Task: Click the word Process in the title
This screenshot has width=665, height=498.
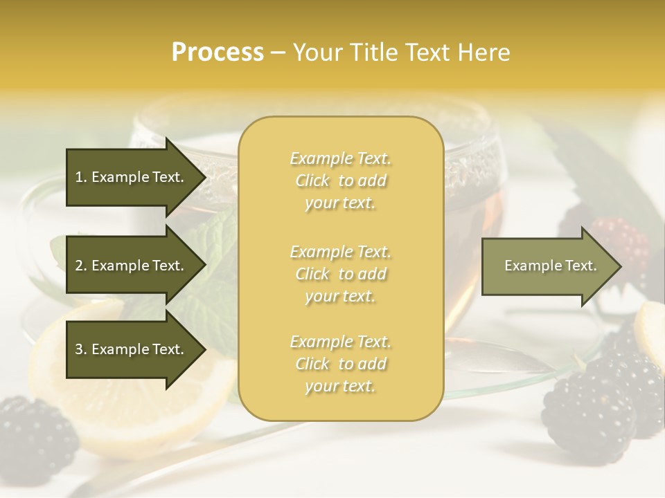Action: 218,53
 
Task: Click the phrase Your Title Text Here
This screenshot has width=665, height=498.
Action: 402,53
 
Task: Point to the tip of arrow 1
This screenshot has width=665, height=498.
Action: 204,177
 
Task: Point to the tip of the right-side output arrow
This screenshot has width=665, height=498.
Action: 620,266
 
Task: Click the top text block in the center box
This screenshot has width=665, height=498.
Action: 340,181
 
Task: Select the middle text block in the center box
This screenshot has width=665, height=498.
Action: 340,274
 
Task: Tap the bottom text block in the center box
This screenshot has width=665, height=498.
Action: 340,364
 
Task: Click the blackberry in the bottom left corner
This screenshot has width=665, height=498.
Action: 35,436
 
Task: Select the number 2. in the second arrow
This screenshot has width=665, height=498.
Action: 81,266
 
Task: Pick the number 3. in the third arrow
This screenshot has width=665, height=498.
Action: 81,349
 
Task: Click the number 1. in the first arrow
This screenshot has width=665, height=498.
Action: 81,177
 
